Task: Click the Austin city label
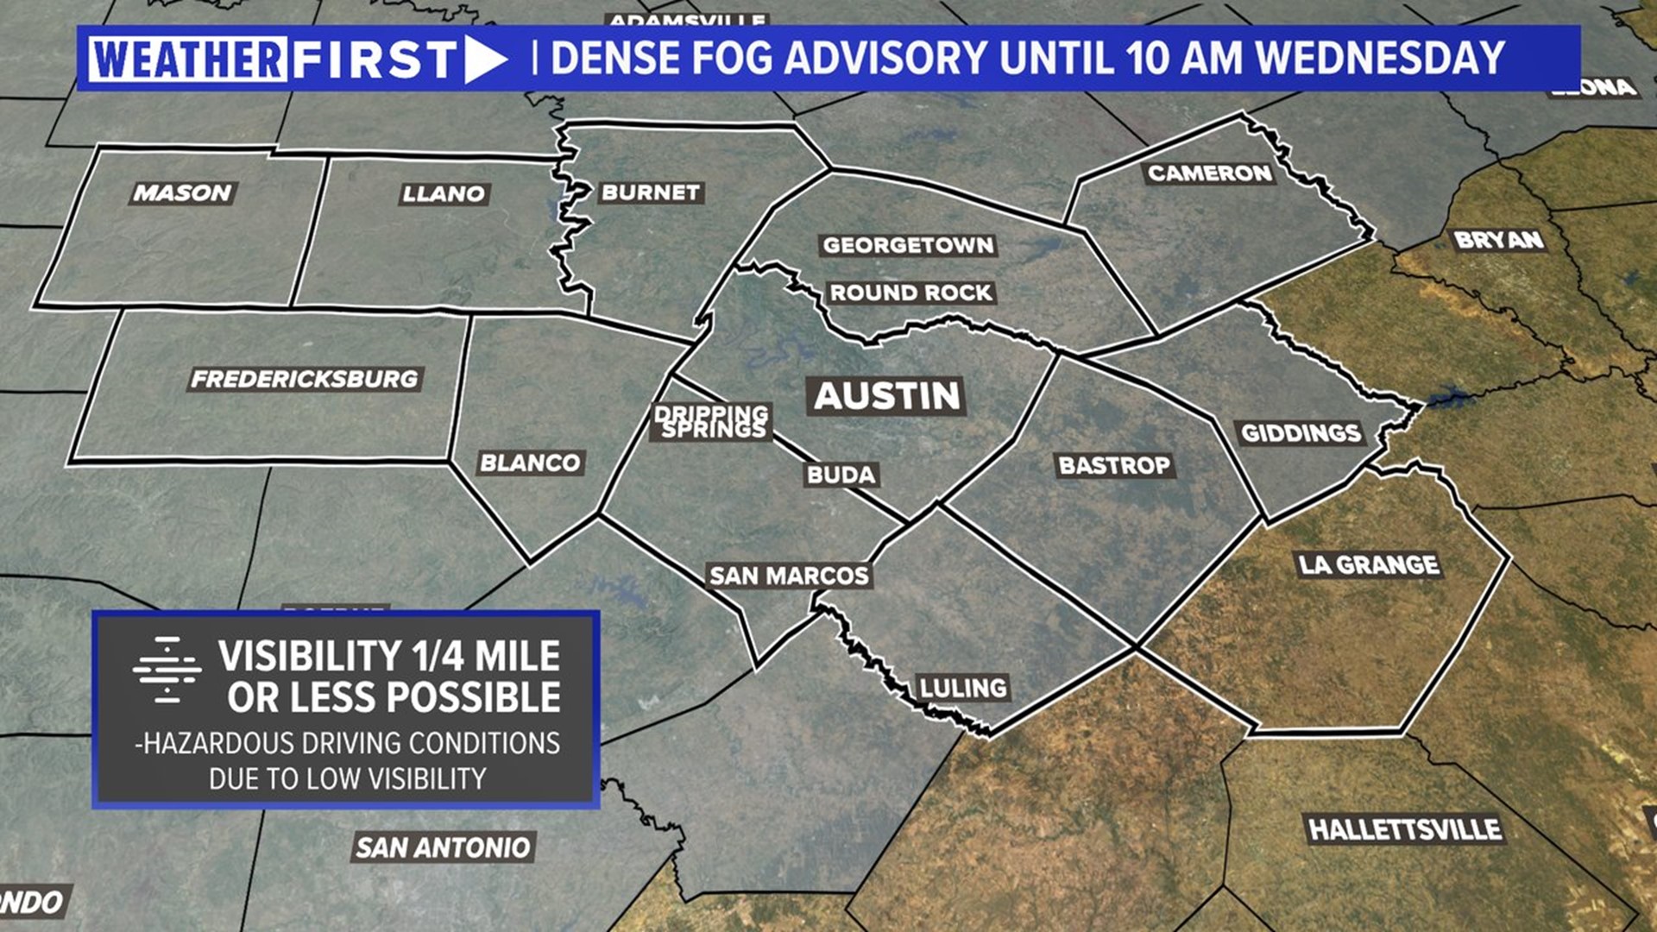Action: click(887, 396)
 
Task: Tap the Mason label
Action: click(182, 192)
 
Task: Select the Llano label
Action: click(444, 193)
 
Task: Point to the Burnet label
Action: click(651, 192)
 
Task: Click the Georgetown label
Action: click(908, 245)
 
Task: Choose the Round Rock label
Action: click(910, 293)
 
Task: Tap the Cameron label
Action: click(1209, 173)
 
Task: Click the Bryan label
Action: click(1498, 239)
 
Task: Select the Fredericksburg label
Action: click(305, 378)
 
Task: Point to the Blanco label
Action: click(530, 463)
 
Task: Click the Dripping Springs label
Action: click(712, 421)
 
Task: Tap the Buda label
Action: click(841, 474)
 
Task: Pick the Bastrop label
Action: click(1114, 465)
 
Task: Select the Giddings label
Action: click(1301, 432)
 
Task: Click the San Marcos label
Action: click(789, 575)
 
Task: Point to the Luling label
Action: click(963, 687)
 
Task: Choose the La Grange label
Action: click(1369, 564)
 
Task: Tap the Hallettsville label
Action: click(1405, 829)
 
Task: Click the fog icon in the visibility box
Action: click(167, 670)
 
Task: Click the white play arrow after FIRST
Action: click(485, 60)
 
